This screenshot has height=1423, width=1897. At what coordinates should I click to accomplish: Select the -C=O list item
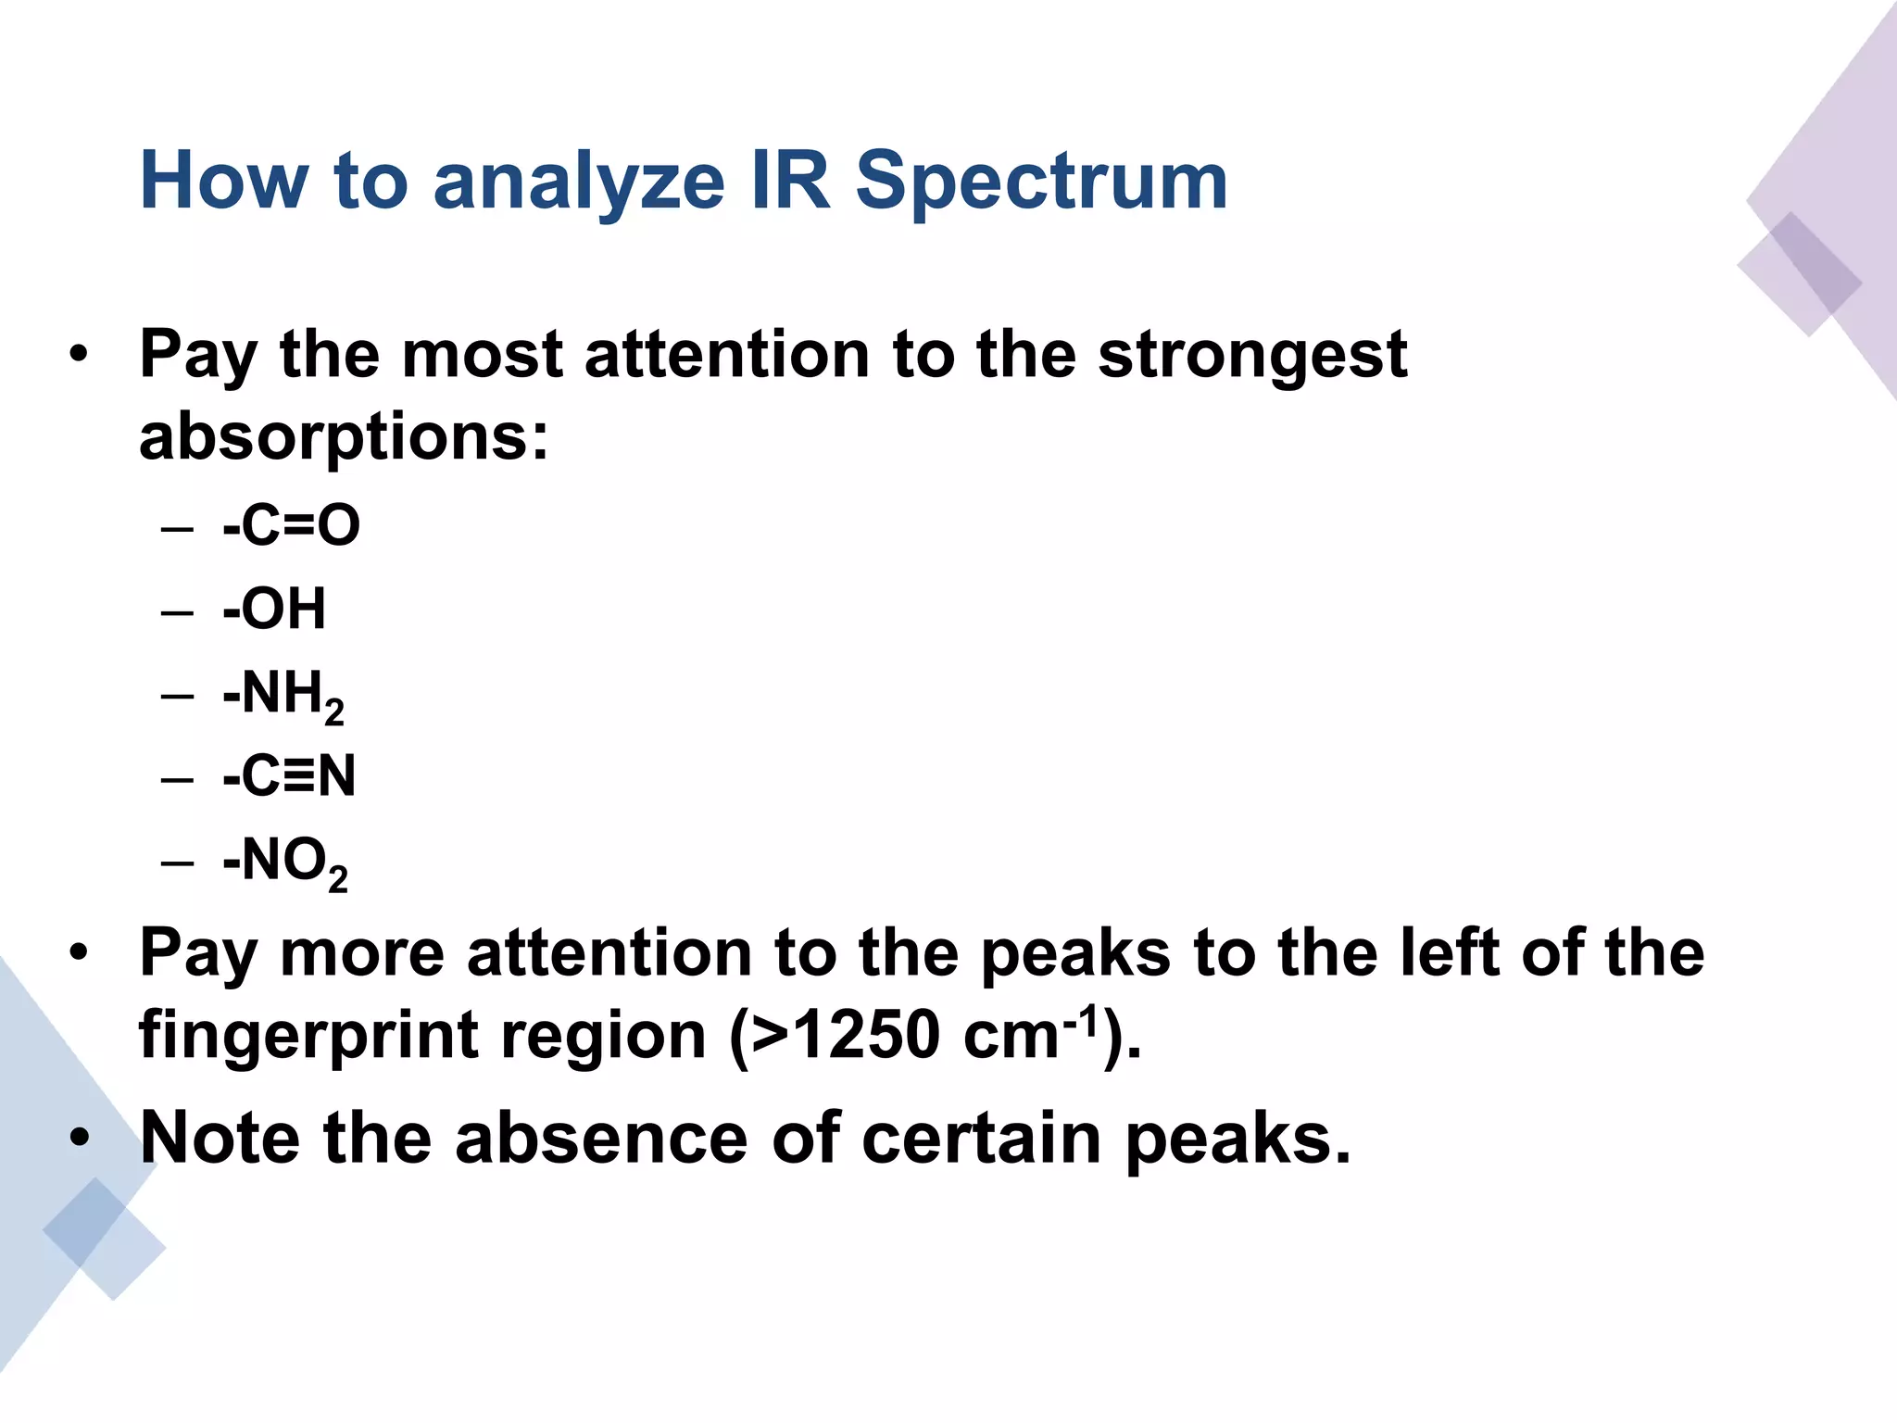coord(291,525)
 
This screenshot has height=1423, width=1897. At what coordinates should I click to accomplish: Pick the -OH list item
coord(274,609)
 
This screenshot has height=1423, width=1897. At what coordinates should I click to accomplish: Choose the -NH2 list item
coord(283,695)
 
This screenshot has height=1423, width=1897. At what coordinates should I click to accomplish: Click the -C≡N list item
coord(289,775)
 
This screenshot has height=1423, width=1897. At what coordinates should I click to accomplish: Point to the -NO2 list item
coord(284,862)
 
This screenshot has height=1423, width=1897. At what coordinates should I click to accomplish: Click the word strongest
coord(1252,356)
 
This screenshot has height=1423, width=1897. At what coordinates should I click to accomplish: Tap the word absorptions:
coord(344,436)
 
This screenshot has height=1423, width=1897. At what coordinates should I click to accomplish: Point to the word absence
coord(600,1139)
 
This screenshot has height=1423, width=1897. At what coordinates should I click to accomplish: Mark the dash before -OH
coord(177,611)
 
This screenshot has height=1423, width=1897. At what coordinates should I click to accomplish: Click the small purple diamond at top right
coord(1799,274)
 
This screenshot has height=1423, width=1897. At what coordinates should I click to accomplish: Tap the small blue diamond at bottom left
coord(104,1238)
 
